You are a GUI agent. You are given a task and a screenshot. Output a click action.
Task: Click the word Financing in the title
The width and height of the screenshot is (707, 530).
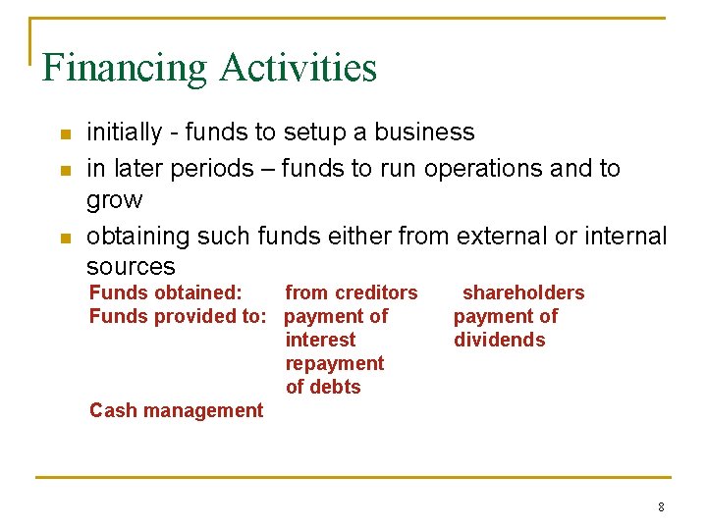coord(125,69)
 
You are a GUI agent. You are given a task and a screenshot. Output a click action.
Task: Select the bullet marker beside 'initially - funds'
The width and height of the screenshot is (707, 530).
coord(65,134)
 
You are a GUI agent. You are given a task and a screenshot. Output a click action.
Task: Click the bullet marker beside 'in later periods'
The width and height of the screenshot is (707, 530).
coord(65,171)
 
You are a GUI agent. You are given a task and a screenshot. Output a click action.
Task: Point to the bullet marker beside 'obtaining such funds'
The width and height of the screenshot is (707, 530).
coord(65,238)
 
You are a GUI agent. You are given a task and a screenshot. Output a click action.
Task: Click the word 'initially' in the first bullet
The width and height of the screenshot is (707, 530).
coord(122,132)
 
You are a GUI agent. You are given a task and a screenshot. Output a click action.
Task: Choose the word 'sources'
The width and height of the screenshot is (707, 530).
coord(131,267)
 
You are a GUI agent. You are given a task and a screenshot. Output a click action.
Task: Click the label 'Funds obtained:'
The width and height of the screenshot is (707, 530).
coord(165,292)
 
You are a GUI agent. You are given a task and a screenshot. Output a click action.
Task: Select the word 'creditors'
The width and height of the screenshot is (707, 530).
coord(377,292)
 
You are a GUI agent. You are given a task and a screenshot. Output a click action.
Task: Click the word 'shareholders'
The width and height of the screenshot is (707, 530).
coord(522,292)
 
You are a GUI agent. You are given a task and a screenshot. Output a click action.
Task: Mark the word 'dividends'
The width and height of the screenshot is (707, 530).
coord(499,340)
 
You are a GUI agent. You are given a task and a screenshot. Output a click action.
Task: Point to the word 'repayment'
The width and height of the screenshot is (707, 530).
coord(334,363)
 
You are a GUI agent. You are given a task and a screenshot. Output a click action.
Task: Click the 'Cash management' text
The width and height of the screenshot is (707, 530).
coord(176,410)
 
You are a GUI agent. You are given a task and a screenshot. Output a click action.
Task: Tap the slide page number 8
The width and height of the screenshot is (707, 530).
coord(661,507)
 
